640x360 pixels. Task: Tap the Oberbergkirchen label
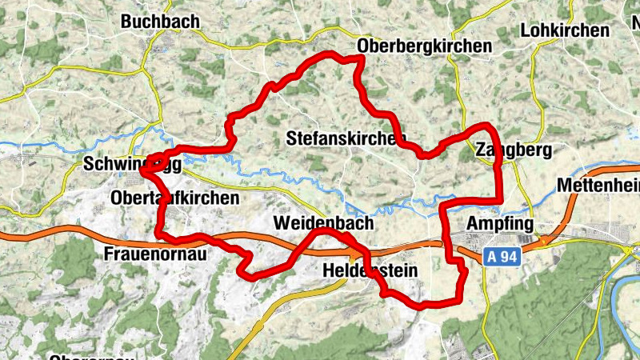click(x=426, y=46)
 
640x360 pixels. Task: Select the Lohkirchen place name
click(x=565, y=30)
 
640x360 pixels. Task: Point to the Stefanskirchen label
click(x=346, y=138)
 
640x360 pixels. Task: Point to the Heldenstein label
click(x=370, y=270)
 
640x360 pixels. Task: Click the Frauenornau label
click(x=156, y=254)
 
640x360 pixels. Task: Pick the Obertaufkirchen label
click(x=176, y=197)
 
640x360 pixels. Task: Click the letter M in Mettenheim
click(x=564, y=186)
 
